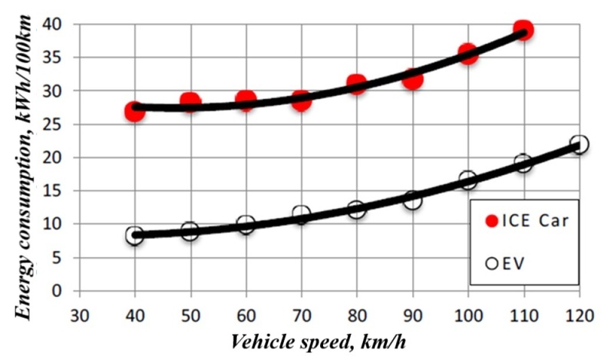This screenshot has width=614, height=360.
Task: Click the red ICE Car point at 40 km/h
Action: (135, 112)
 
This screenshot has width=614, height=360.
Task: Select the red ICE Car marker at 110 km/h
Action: (523, 31)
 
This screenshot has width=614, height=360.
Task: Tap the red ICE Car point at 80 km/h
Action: (356, 84)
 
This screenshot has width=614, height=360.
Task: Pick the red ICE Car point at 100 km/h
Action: (468, 54)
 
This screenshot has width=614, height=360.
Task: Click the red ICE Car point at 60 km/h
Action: (246, 100)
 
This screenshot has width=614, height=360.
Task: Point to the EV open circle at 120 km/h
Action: (579, 144)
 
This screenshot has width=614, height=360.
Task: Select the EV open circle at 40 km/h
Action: (135, 236)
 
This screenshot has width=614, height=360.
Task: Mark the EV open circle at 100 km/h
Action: (468, 180)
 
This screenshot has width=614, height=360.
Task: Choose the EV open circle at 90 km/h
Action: (413, 200)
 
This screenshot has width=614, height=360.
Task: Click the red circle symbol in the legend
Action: (494, 223)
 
